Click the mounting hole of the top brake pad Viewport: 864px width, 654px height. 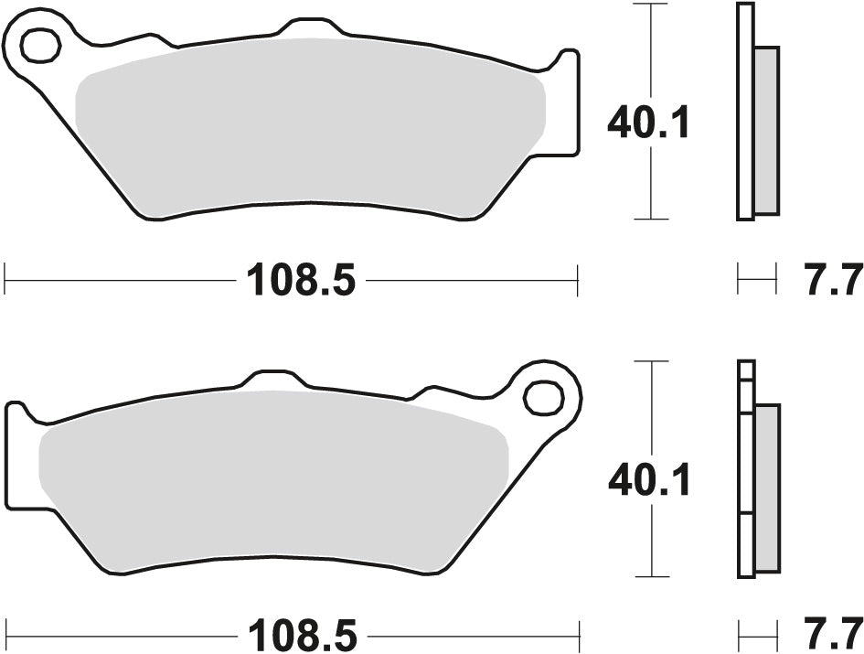point(39,45)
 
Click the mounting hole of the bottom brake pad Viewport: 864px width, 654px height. point(544,398)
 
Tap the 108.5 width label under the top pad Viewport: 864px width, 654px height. point(299,279)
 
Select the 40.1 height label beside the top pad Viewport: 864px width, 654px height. point(649,123)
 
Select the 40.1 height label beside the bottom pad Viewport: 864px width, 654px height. point(649,479)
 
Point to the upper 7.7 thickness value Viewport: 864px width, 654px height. point(833,279)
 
